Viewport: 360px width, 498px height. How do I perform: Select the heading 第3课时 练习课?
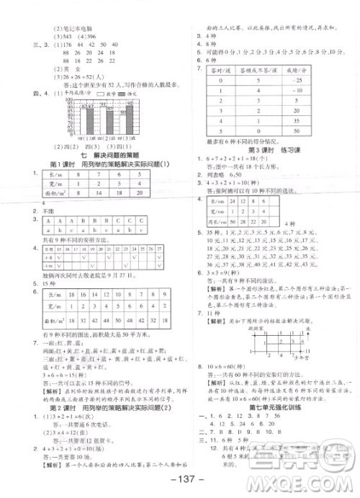pos(270,171)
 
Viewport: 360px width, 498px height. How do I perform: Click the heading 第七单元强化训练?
pos(270,407)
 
